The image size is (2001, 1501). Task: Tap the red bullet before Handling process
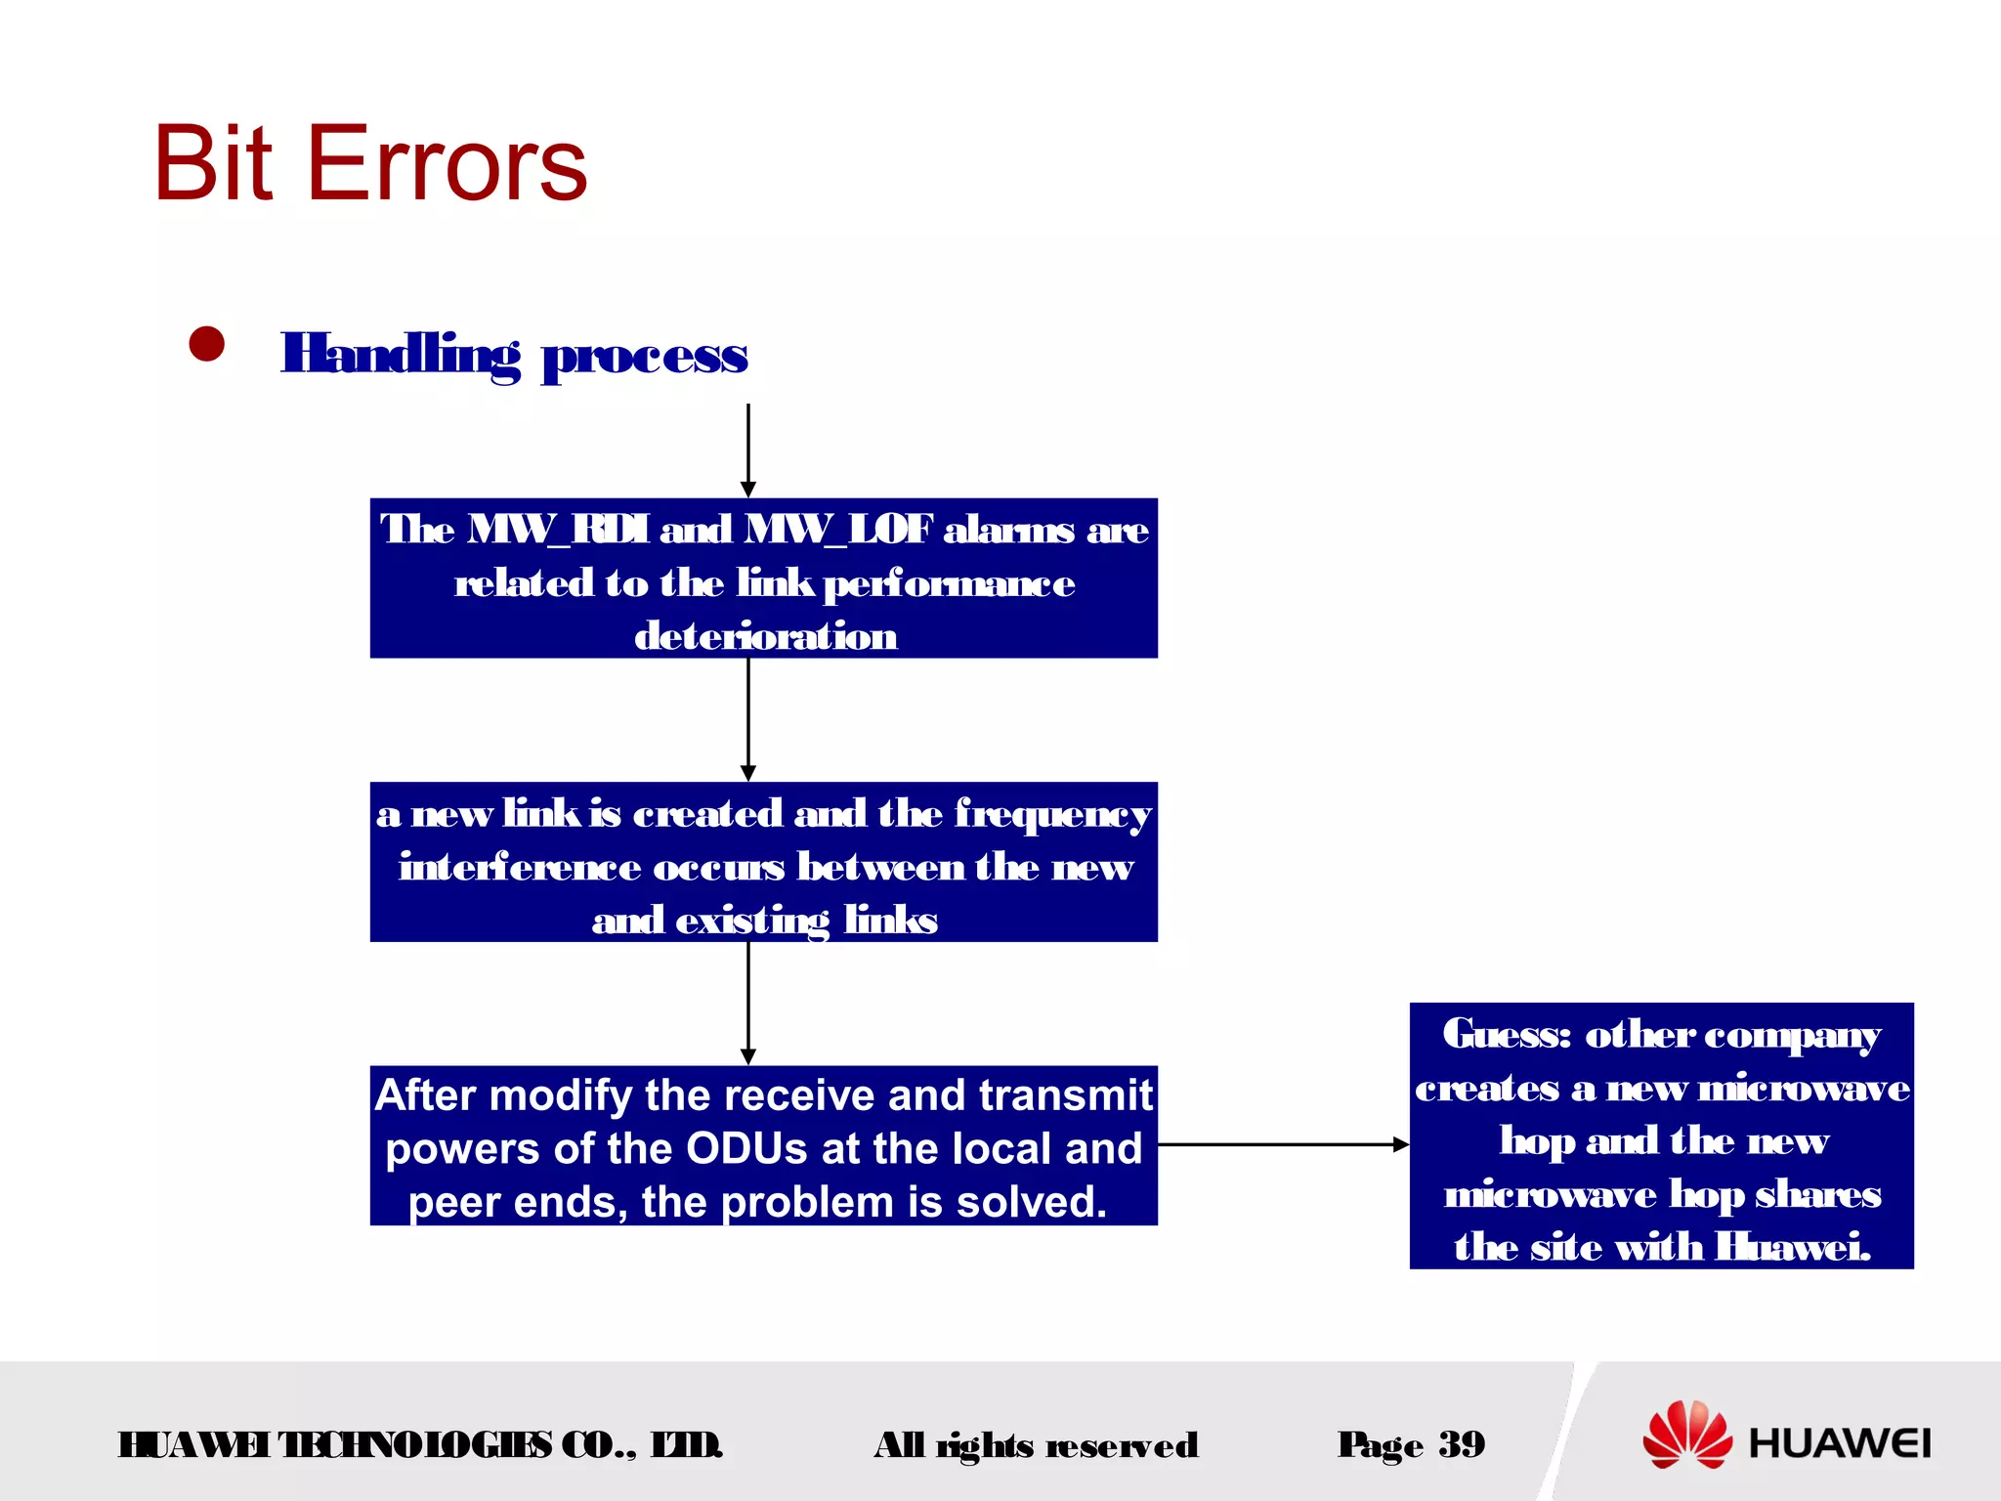(x=207, y=344)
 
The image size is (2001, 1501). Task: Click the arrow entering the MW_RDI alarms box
(x=748, y=450)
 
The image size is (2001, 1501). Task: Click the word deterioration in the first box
(x=765, y=636)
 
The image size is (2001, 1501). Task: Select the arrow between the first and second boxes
(x=748, y=719)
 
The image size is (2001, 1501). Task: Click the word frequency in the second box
(x=1052, y=815)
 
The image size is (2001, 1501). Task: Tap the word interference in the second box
(x=519, y=868)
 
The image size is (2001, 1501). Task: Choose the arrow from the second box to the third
(x=748, y=1003)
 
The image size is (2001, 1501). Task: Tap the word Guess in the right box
(x=1506, y=1034)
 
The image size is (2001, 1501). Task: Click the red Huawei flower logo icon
(x=1686, y=1435)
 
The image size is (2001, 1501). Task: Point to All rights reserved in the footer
(x=1036, y=1445)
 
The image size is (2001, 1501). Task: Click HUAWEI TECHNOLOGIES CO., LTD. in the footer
(x=420, y=1445)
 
